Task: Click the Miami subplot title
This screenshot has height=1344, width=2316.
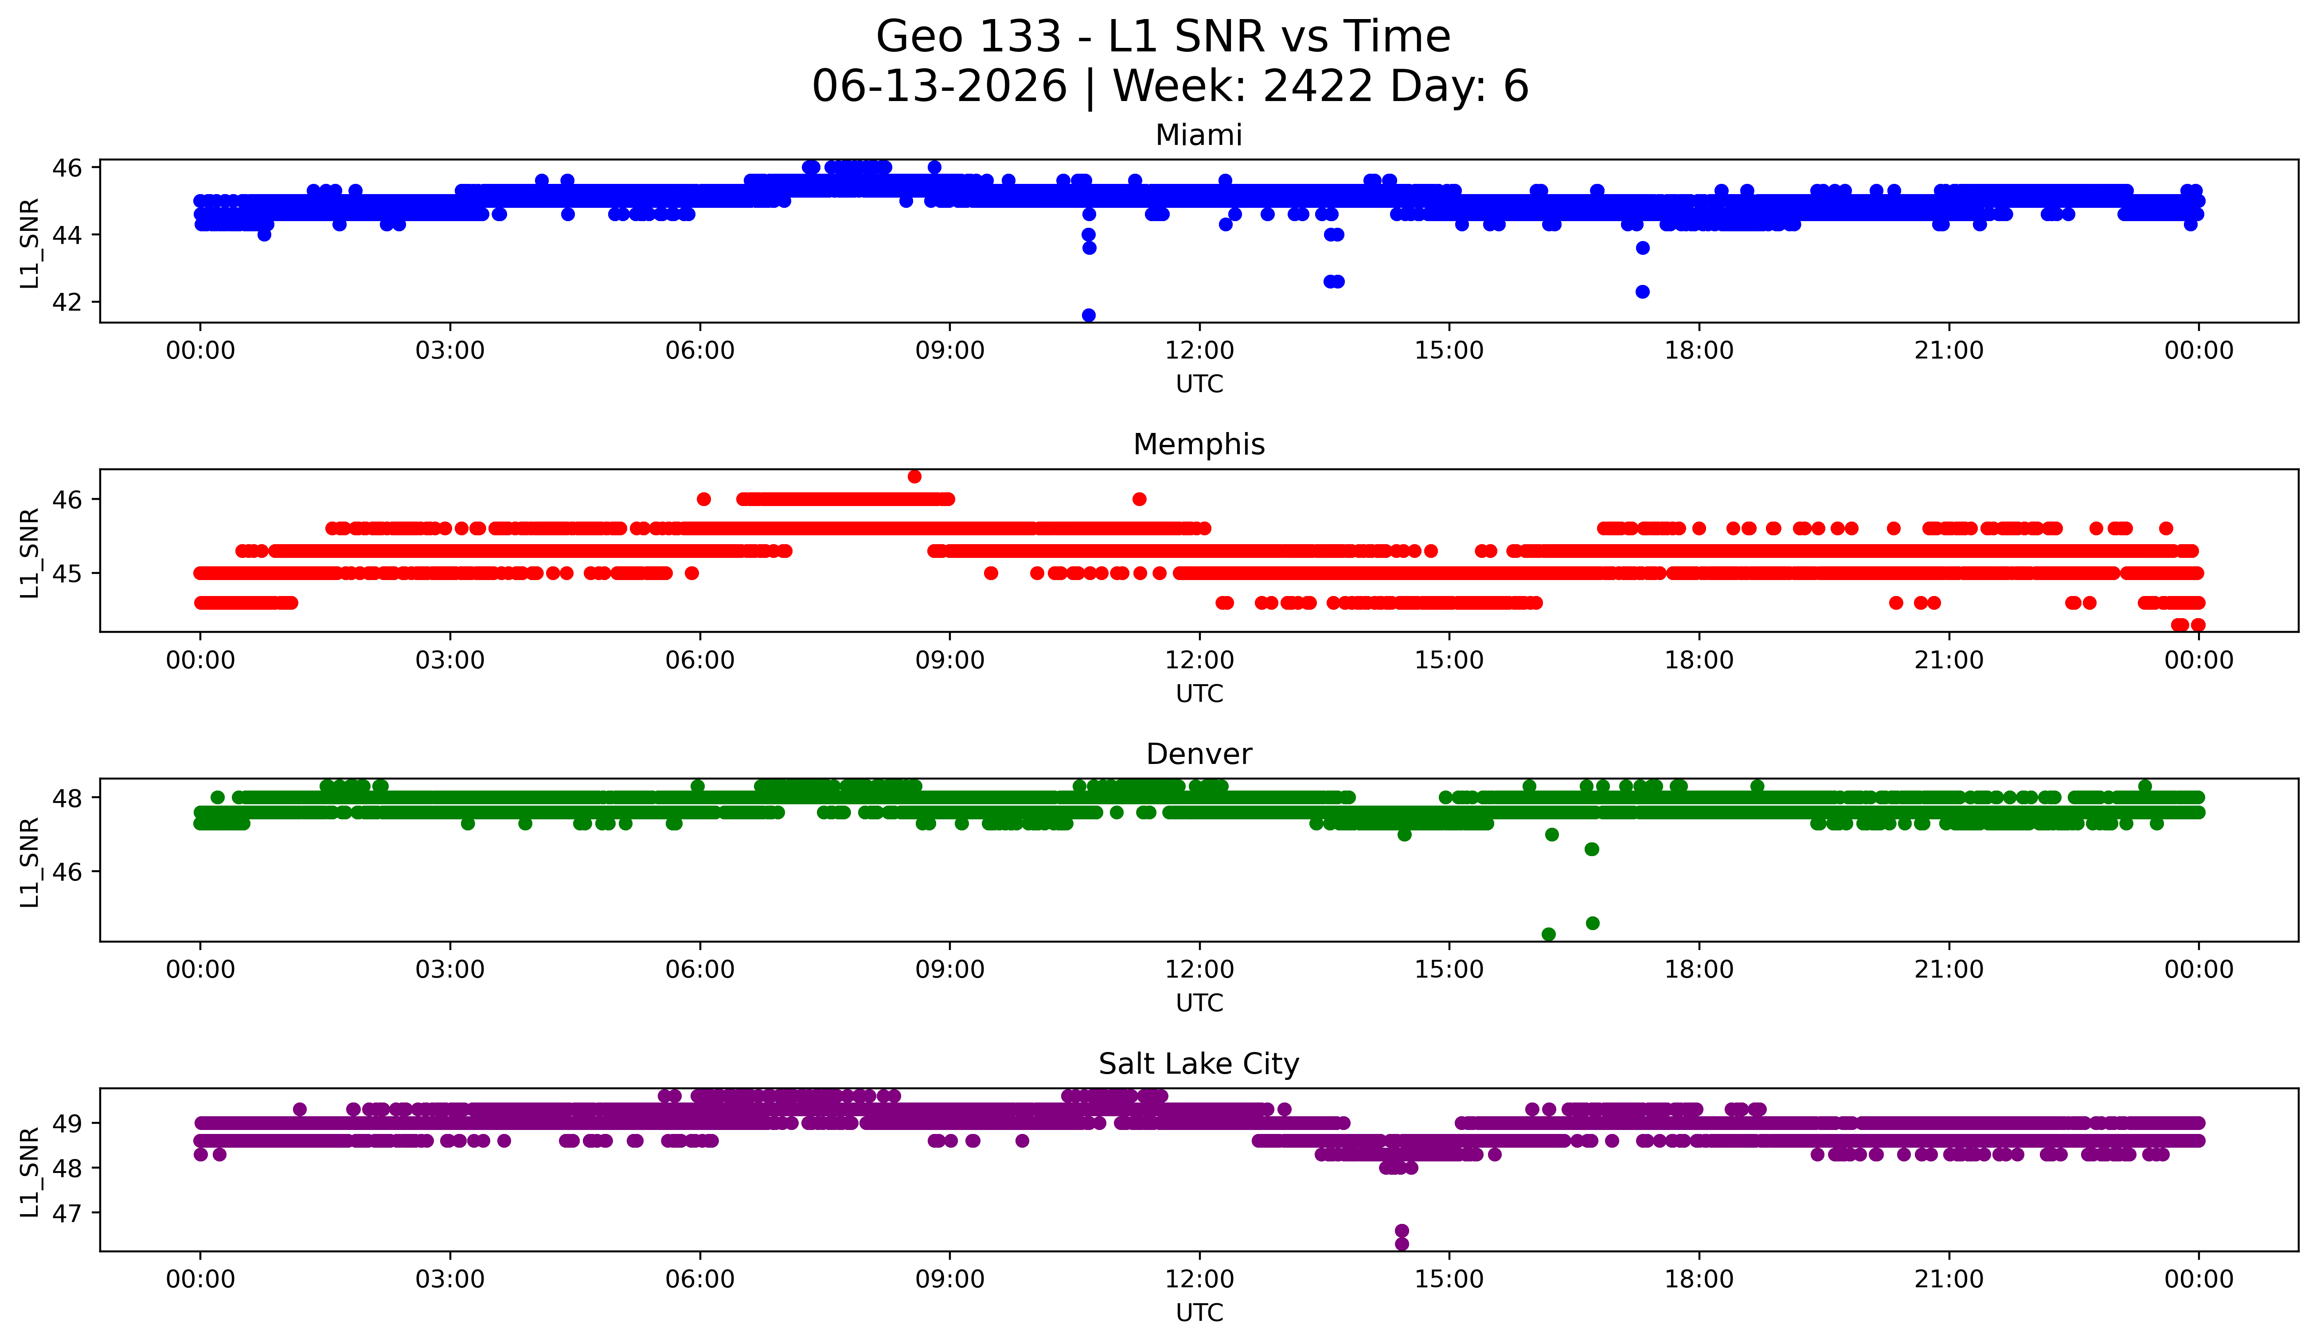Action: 1199,135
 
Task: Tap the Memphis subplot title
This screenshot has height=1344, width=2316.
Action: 1199,444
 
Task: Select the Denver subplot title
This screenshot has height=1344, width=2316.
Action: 1199,754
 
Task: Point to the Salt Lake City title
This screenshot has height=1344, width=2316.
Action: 1199,1064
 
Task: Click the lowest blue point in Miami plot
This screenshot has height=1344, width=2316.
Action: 1088,315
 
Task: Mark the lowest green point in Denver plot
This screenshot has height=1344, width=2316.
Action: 1549,934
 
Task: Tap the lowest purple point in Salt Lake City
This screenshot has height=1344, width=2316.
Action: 1402,1244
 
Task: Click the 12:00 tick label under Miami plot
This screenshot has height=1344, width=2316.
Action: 1199,351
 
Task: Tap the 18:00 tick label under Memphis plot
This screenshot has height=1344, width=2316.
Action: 1699,661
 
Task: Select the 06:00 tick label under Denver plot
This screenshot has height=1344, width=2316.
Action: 700,970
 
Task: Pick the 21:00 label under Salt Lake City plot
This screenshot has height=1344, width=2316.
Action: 1949,1280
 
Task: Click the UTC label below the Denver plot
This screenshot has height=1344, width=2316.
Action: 1199,1003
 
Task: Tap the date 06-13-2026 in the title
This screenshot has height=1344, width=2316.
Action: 939,86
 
